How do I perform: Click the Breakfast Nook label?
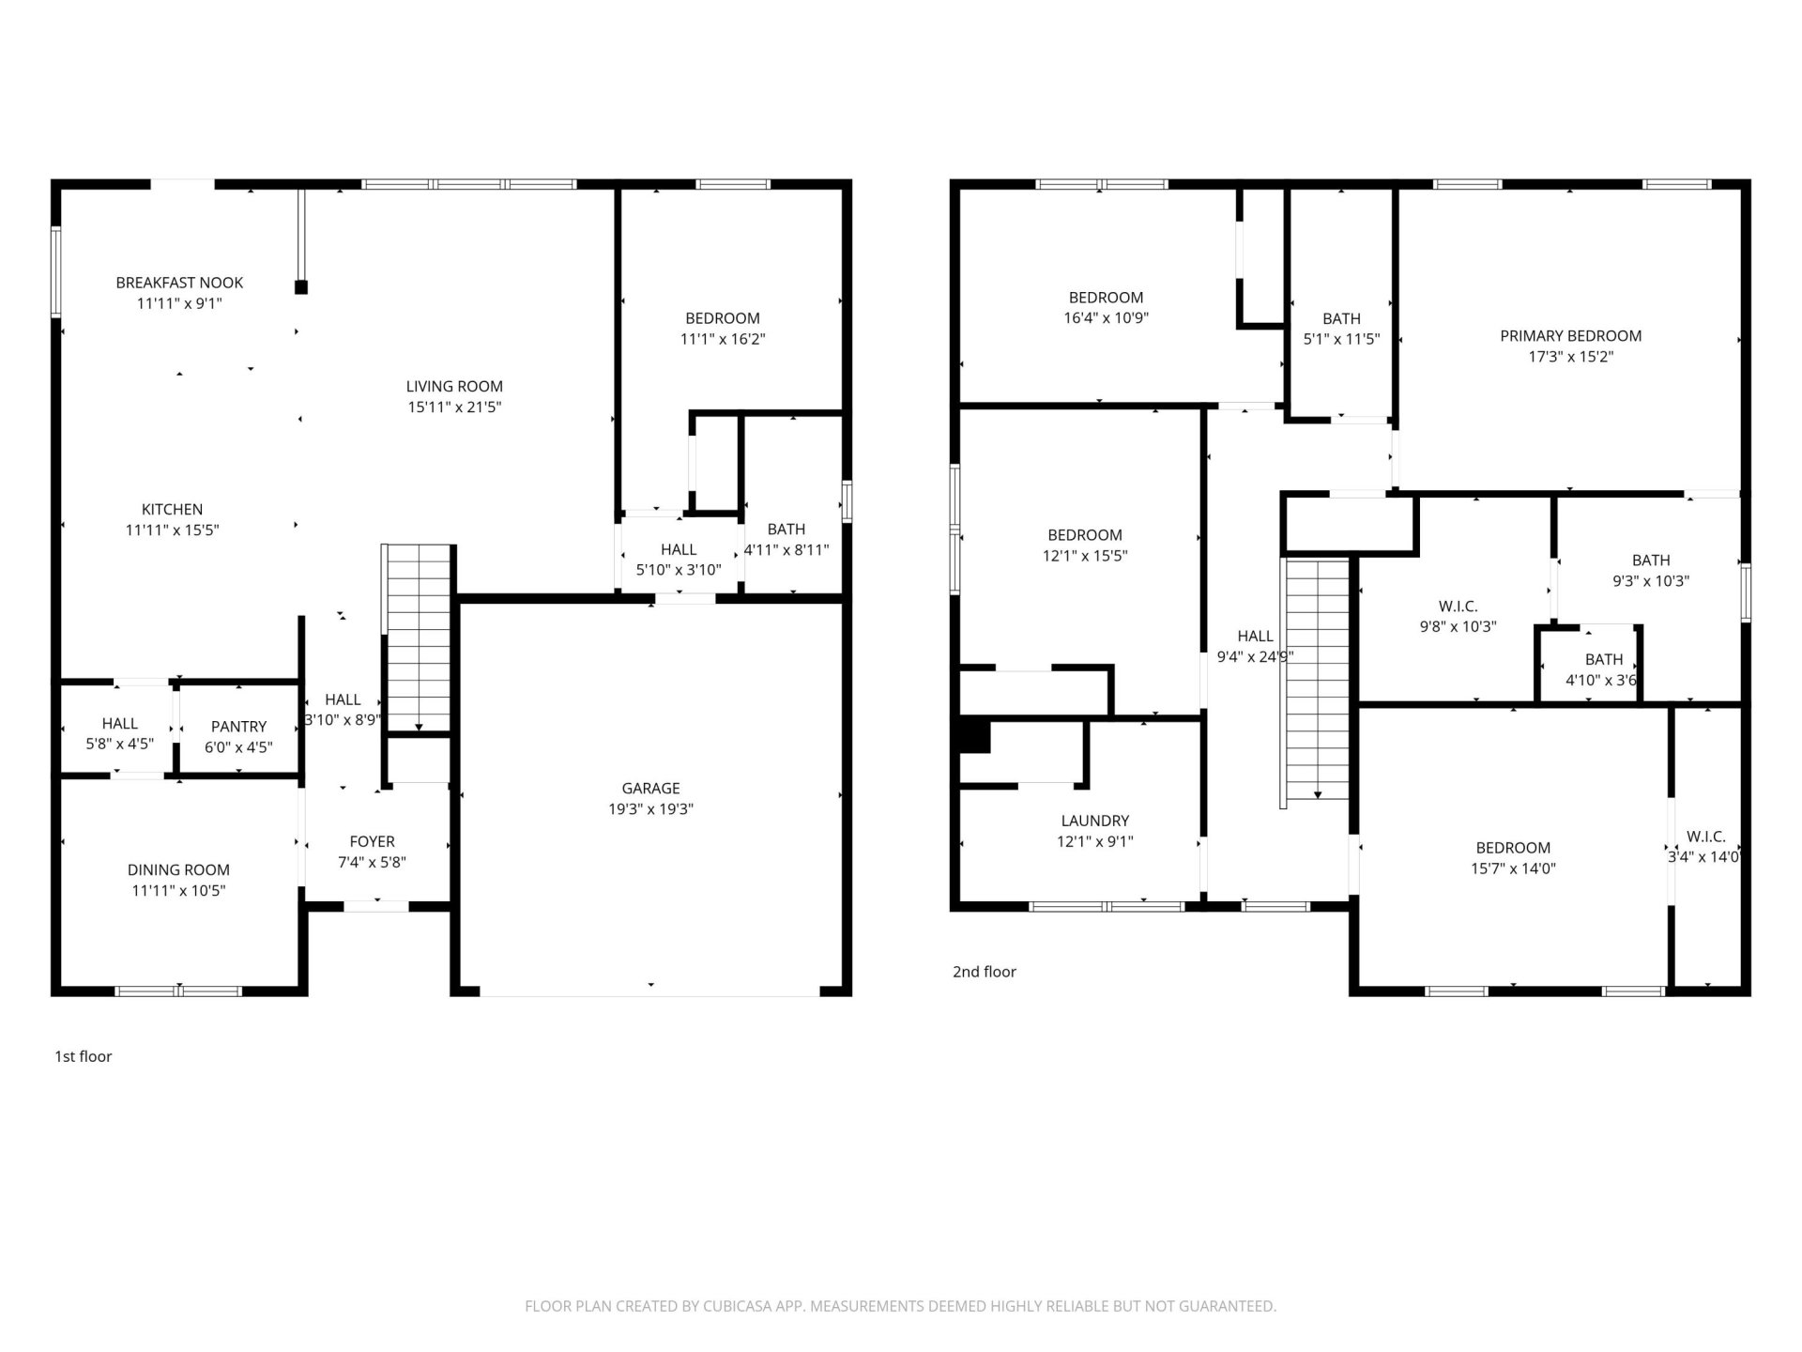coord(179,283)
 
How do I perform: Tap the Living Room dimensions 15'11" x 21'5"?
coord(454,407)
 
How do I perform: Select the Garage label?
coord(650,789)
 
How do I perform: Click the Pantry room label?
coord(238,727)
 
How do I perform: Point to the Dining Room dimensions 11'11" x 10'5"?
coord(178,891)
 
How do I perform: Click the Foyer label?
coord(372,842)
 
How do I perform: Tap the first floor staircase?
coord(419,638)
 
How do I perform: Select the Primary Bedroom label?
coord(1570,336)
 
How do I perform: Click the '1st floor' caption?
coord(84,1056)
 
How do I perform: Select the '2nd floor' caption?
coord(984,972)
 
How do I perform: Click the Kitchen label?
coord(172,510)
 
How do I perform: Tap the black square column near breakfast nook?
coord(301,287)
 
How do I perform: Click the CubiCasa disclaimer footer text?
coord(900,1306)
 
